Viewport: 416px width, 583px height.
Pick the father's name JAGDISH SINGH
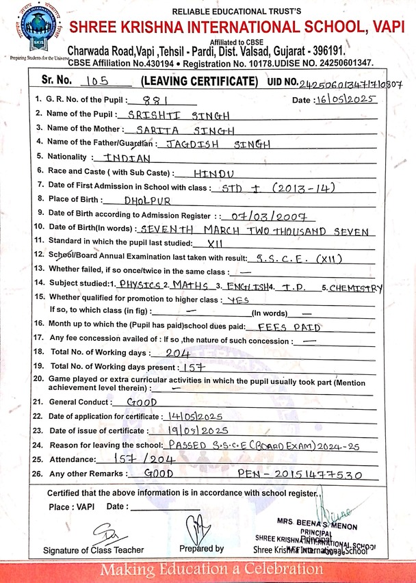pos(213,144)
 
